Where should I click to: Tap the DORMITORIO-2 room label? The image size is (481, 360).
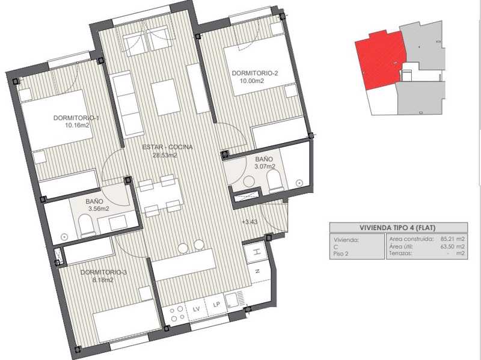point(254,73)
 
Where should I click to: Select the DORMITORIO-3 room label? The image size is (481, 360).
point(103,272)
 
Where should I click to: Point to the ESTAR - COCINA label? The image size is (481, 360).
point(168,147)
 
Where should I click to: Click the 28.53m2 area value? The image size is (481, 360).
point(165,155)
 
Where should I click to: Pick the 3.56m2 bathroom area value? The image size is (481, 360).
point(99,209)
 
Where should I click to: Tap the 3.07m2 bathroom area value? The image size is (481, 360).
point(265,166)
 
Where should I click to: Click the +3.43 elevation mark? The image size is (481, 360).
point(250,222)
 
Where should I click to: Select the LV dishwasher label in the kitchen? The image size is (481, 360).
point(196,309)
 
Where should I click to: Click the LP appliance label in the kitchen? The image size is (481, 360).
point(216,305)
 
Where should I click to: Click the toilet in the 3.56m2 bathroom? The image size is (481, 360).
point(86,225)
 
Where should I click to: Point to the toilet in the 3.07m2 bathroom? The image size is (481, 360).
point(275,182)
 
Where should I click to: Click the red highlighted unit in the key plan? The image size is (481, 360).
point(381,59)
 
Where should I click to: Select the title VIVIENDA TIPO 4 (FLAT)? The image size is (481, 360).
point(397,228)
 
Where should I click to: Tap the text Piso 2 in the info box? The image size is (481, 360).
point(341,254)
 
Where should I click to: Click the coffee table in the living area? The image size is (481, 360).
point(165,97)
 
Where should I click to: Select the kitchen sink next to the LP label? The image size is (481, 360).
point(234,300)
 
